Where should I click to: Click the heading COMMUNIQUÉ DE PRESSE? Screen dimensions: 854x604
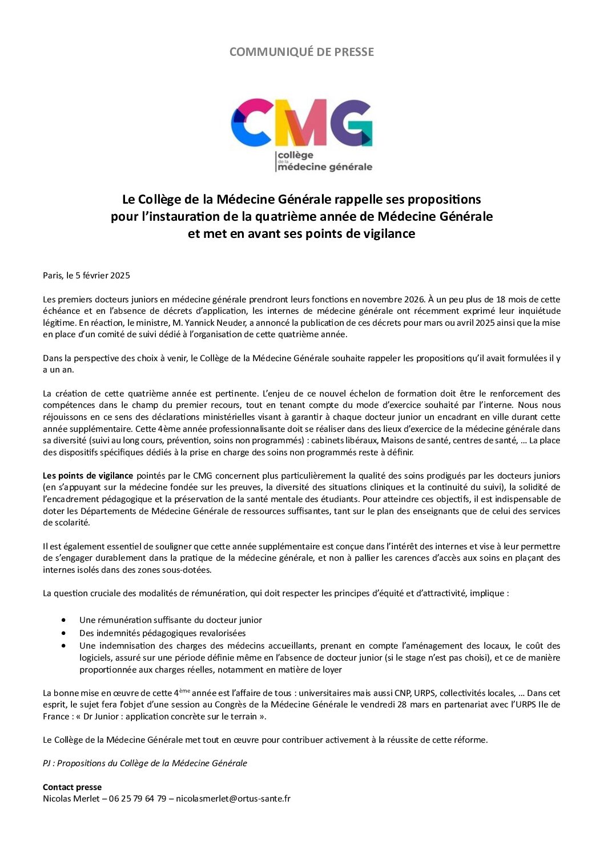[301, 52]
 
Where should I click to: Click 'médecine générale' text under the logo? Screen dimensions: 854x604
[324, 167]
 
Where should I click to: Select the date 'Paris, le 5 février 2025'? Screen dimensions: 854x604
[86, 276]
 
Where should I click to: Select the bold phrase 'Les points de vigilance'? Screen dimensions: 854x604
[88, 475]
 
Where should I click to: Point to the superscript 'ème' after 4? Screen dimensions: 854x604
[184, 691]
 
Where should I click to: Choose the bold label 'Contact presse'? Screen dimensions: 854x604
[72, 787]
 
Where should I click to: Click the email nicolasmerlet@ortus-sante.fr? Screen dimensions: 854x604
[233, 799]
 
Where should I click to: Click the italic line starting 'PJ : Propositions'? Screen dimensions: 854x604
[145, 763]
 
